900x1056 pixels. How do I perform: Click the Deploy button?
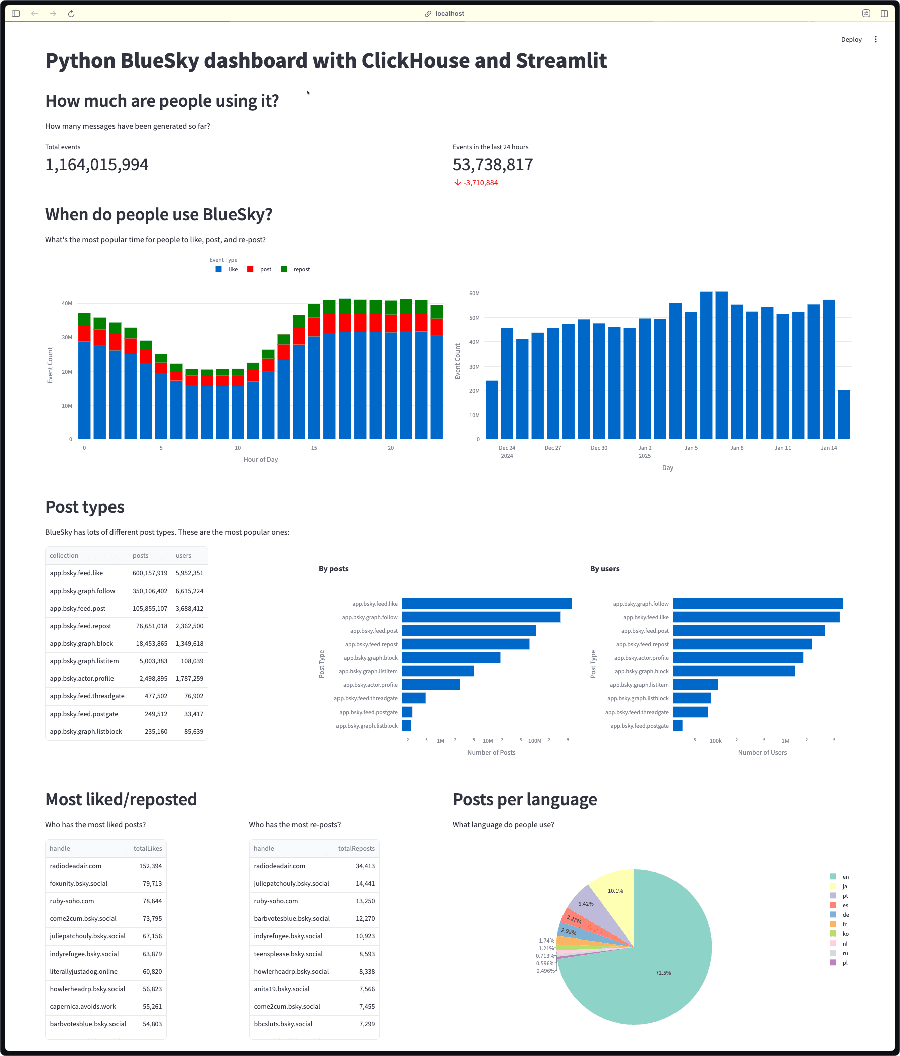[x=851, y=39]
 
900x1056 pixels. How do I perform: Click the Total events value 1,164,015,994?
[x=97, y=165]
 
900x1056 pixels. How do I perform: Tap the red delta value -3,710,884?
[x=480, y=183]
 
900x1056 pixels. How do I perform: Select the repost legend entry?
[x=301, y=269]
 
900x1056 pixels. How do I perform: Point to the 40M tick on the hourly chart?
[x=67, y=303]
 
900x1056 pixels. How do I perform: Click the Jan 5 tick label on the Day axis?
[x=691, y=448]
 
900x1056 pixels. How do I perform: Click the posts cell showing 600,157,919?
[x=150, y=573]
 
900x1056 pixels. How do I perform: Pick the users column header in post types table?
[x=183, y=555]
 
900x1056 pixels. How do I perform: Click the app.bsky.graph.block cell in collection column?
[x=81, y=644]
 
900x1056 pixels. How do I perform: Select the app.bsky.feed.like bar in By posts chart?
[x=487, y=604]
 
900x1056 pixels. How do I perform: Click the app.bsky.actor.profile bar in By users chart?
[x=738, y=658]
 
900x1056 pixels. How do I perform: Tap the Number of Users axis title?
[x=762, y=752]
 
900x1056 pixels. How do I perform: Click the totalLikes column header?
[x=147, y=849]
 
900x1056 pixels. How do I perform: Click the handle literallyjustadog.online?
[x=83, y=972]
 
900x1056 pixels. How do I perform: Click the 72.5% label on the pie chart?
[x=663, y=973]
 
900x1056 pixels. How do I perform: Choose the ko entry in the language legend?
[x=845, y=934]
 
